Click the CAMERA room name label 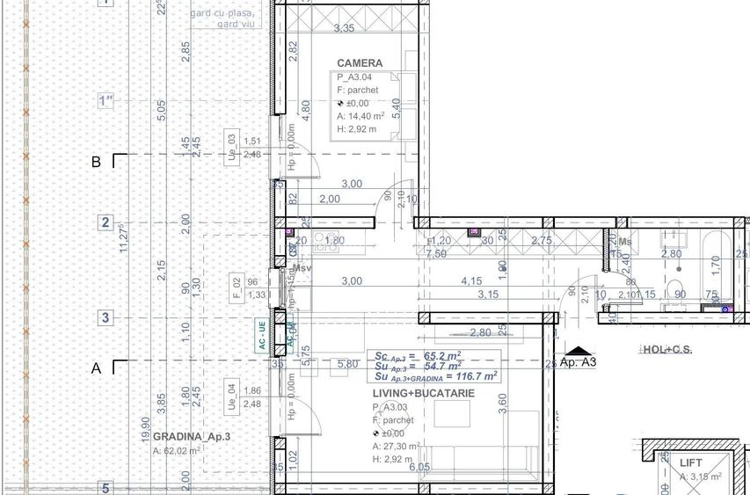pos(360,63)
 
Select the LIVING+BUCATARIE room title pos(423,393)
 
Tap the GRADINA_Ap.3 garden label pos(191,437)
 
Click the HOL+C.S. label pos(666,350)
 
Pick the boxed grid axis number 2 pos(106,222)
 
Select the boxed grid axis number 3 pos(106,317)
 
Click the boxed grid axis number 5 pos(106,488)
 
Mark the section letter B pos(97,162)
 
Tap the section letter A pos(97,369)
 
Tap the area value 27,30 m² pos(403,446)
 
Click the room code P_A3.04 pos(357,77)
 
